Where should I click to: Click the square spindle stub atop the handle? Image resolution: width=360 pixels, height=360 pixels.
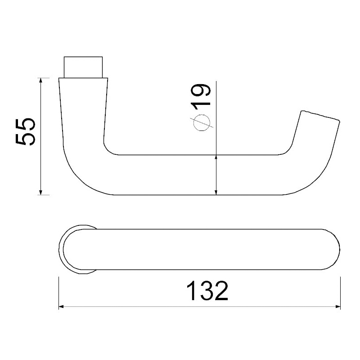[84, 67]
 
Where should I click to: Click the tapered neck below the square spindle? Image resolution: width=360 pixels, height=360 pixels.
[84, 103]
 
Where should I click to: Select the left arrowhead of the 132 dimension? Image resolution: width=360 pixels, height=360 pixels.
[62, 307]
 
